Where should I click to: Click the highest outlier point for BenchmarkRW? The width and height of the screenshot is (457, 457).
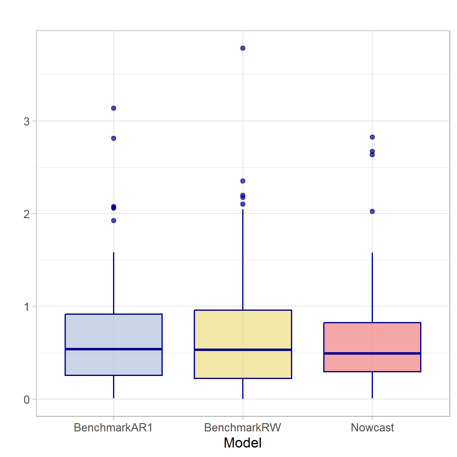pyautogui.click(x=243, y=48)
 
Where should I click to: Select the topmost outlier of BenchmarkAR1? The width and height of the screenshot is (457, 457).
pyautogui.click(x=114, y=108)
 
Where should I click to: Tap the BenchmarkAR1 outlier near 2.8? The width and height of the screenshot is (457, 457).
pyautogui.click(x=114, y=138)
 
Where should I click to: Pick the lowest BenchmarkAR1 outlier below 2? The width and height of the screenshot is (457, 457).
pyautogui.click(x=114, y=221)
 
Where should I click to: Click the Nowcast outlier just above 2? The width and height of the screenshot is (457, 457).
pyautogui.click(x=372, y=211)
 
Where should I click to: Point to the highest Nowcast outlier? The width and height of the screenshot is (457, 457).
pyautogui.click(x=372, y=137)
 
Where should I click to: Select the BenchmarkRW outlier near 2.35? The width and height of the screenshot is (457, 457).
pyautogui.click(x=243, y=181)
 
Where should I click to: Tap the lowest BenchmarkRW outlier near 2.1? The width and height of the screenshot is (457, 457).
pyautogui.click(x=243, y=204)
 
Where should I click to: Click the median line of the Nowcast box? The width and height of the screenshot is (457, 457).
pyautogui.click(x=372, y=353)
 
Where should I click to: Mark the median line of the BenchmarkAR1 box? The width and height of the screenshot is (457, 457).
pyautogui.click(x=114, y=349)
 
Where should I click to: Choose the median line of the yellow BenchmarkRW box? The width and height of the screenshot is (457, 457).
pyautogui.click(x=243, y=350)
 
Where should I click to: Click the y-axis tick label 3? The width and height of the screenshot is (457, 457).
pyautogui.click(x=27, y=122)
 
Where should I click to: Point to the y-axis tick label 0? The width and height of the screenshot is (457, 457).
pyautogui.click(x=27, y=399)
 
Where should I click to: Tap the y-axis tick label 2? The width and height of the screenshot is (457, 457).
pyautogui.click(x=27, y=214)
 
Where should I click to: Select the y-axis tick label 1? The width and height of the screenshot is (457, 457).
pyautogui.click(x=27, y=307)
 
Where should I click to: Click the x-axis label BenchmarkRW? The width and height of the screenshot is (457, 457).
pyautogui.click(x=243, y=427)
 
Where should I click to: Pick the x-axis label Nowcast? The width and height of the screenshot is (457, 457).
pyautogui.click(x=372, y=427)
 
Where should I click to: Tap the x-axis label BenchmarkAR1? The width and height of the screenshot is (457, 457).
pyautogui.click(x=113, y=427)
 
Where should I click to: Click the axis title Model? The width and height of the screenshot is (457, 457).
pyautogui.click(x=243, y=443)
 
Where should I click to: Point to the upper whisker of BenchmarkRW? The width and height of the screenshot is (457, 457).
pyautogui.click(x=243, y=259)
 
